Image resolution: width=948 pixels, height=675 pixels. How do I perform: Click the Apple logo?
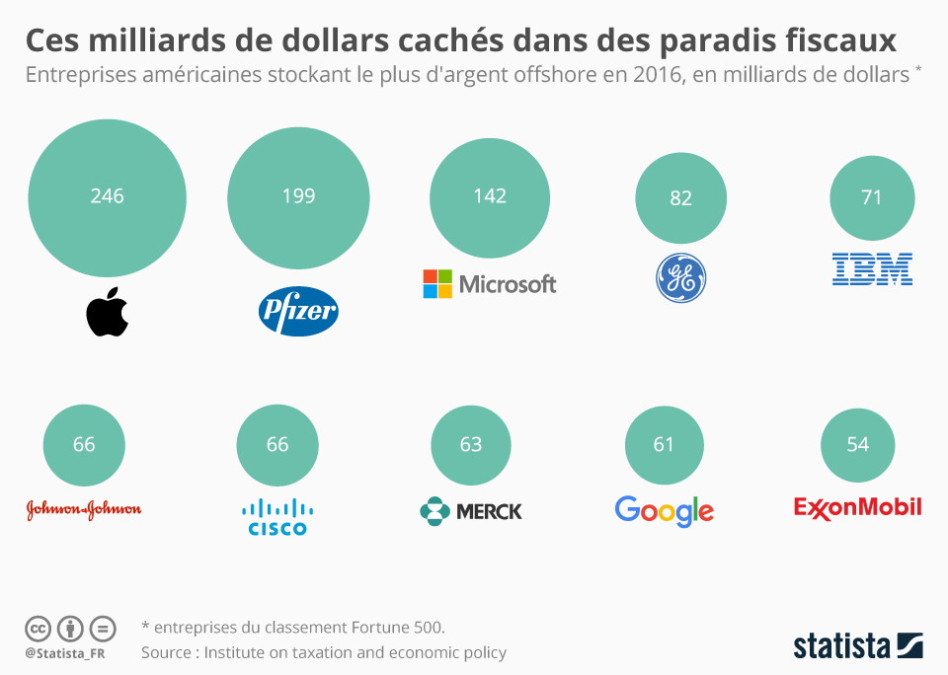pyautogui.click(x=108, y=313)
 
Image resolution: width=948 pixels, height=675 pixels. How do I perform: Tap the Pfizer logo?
pyautogui.click(x=298, y=313)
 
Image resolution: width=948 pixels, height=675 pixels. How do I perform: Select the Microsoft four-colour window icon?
pyautogui.click(x=437, y=284)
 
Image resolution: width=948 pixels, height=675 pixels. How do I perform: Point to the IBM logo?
pyautogui.click(x=872, y=268)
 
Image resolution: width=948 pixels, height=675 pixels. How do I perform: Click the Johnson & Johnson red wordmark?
pyautogui.click(x=84, y=509)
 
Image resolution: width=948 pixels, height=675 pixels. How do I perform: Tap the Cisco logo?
pyautogui.click(x=277, y=517)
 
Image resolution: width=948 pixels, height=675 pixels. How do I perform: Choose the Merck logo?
pyautogui.click(x=471, y=511)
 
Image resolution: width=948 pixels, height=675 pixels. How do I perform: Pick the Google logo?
pyautogui.click(x=664, y=510)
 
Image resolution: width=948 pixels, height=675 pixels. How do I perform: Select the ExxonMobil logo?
pyautogui.click(x=857, y=507)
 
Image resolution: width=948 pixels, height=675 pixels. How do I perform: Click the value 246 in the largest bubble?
pyautogui.click(x=107, y=195)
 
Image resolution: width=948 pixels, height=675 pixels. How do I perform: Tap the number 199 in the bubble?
pyautogui.click(x=298, y=195)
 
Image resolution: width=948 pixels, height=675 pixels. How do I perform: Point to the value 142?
pyautogui.click(x=490, y=195)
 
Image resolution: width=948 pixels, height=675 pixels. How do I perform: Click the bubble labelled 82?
pyautogui.click(x=681, y=197)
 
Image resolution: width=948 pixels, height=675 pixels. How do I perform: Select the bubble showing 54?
pyautogui.click(x=857, y=444)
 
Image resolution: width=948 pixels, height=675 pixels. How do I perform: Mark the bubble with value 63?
pyautogui.click(x=471, y=444)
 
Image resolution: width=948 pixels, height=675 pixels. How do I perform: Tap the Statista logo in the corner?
pyautogui.click(x=857, y=645)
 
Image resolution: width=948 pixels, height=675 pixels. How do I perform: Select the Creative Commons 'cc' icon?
pyautogui.click(x=38, y=629)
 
